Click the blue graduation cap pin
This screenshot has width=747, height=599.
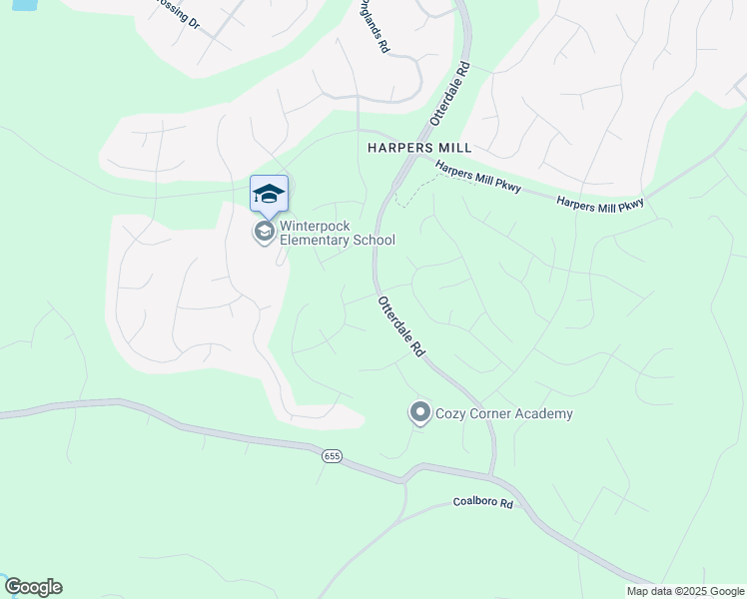[268, 193]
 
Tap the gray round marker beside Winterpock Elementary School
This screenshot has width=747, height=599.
[265, 233]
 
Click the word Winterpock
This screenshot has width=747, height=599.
[315, 226]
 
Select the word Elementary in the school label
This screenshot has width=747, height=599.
[316, 240]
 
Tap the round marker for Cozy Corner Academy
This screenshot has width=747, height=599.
[420, 412]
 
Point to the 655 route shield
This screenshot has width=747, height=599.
[333, 456]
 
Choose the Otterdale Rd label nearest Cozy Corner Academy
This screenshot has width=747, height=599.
[401, 326]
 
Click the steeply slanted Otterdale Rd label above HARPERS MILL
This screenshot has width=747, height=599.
[449, 94]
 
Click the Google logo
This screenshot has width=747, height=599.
[32, 587]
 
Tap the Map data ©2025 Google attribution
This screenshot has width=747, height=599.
[685, 591]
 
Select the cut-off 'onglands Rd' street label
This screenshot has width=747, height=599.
[373, 27]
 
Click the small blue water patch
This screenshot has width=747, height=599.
[20, 4]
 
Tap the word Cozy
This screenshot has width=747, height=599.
[452, 413]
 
